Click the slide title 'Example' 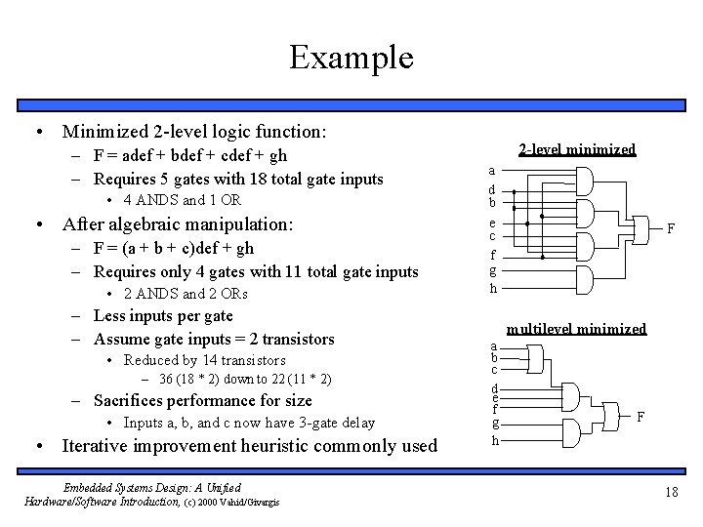coord(351,58)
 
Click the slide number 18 coord(671,492)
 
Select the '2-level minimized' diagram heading coord(576,149)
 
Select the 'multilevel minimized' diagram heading coord(576,329)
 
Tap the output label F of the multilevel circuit coord(641,416)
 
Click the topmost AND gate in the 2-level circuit coord(587,182)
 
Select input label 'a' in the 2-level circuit coord(493,169)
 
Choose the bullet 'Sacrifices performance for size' coord(202,400)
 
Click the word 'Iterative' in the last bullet coord(94,446)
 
